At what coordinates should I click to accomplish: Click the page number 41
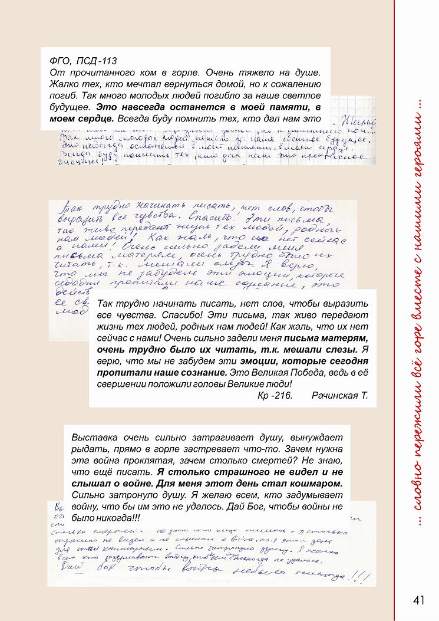419,600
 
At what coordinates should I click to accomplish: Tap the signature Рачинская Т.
339,395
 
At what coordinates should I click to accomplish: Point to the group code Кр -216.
275,395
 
